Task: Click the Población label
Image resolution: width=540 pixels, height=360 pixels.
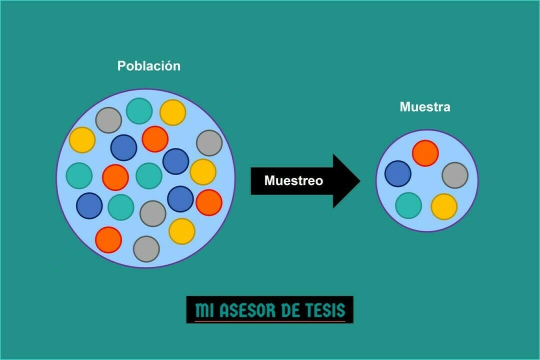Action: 148,66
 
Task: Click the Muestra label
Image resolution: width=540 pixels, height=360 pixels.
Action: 424,107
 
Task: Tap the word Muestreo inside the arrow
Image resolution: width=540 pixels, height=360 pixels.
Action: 293,180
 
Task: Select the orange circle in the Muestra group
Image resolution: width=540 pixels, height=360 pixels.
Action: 425,153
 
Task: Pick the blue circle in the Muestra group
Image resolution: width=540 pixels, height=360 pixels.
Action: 398,173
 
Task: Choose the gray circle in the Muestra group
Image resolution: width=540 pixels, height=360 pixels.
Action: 455,175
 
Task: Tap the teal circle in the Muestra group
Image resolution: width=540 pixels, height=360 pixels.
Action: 408,205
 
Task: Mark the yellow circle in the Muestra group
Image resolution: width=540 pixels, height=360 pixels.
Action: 444,206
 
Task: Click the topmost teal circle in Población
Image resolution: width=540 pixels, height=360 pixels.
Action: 139,111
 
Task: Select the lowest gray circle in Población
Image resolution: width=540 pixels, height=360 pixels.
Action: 146,248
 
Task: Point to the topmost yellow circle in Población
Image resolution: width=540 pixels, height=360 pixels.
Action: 172,112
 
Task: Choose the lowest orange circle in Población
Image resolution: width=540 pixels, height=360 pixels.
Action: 108,239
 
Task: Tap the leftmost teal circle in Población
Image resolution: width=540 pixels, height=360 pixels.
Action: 79,175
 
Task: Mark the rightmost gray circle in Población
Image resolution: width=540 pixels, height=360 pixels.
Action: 209,143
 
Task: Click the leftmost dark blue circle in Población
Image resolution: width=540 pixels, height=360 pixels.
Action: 89,205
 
